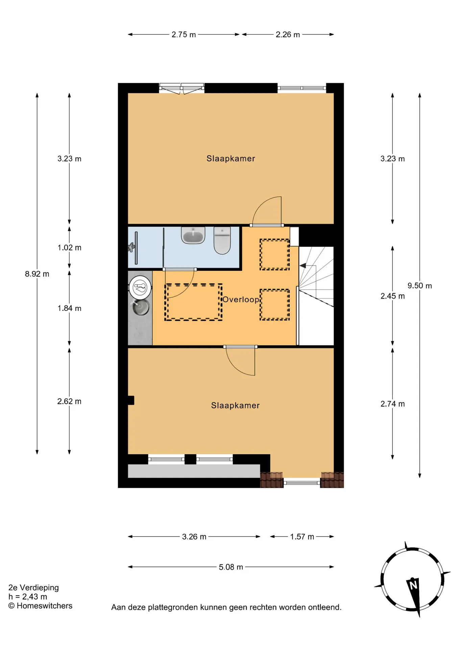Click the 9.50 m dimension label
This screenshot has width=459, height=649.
(x=419, y=286)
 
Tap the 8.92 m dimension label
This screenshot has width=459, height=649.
(x=37, y=274)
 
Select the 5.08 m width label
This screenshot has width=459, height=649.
(x=231, y=567)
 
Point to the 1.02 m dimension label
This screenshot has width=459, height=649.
(x=69, y=247)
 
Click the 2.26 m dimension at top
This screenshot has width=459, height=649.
(x=288, y=34)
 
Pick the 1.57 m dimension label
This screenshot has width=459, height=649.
(x=302, y=536)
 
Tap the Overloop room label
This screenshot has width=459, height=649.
(x=241, y=299)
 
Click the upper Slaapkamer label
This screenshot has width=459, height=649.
(x=231, y=158)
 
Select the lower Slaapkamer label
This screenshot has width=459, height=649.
(x=235, y=405)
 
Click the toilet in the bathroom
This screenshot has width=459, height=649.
(x=222, y=240)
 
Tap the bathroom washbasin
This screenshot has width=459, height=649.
(x=193, y=235)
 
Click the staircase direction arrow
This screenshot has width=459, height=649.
(x=303, y=266)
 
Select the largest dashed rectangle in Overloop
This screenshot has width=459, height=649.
(x=193, y=302)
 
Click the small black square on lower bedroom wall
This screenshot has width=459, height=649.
(x=131, y=400)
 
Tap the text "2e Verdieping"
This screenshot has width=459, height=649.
(x=33, y=587)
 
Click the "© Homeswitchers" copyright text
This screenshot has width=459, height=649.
(x=40, y=606)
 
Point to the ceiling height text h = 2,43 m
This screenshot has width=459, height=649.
(x=28, y=597)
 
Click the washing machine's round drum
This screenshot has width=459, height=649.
(x=140, y=288)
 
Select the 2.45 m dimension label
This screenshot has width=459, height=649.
(x=392, y=296)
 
